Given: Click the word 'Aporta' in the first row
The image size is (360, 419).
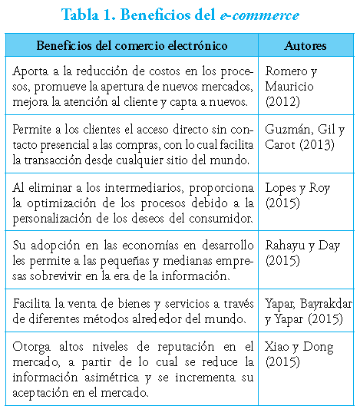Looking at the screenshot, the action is point(31,71).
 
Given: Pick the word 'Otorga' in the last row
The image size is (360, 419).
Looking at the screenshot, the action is point(31,346).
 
